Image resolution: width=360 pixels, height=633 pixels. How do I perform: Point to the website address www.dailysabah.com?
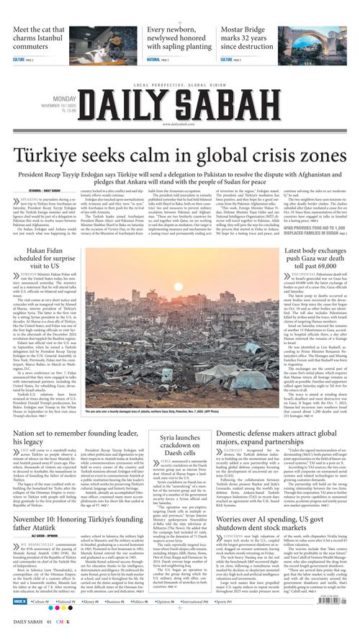coord(179,123)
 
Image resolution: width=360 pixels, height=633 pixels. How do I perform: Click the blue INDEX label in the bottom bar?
coord(21,598)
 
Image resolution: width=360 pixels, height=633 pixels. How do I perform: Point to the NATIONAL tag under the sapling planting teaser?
coord(153,60)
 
